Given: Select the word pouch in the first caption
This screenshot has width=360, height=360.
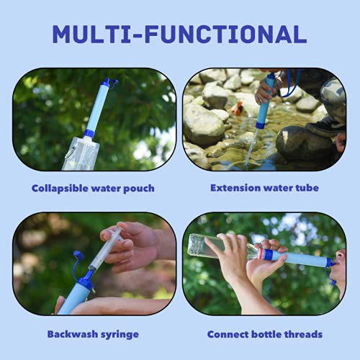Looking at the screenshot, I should point(138,189).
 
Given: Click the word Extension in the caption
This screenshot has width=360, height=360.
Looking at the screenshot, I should point(236,189).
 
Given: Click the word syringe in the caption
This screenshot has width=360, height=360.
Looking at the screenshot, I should point(120,334).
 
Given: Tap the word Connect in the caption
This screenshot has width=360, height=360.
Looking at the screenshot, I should point(229,334).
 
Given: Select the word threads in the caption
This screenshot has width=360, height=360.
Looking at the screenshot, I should point(302,334).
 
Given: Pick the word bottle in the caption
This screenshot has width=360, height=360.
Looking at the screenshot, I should point(265,334).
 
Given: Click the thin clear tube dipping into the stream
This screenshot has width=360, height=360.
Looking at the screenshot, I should point(251,148).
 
